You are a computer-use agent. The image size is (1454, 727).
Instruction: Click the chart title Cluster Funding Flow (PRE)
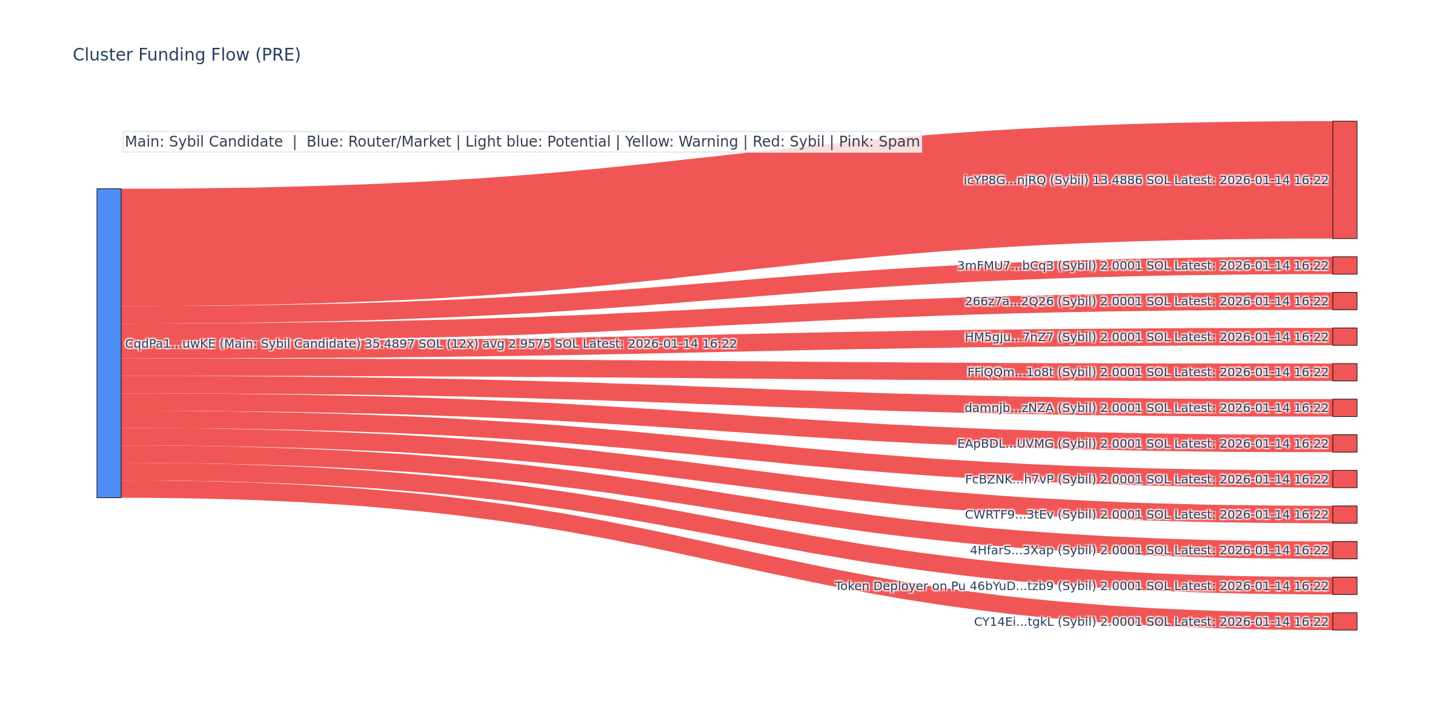tap(187, 55)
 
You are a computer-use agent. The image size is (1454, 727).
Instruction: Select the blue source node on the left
tap(109, 343)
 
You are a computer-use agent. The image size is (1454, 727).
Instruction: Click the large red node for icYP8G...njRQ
tap(1344, 180)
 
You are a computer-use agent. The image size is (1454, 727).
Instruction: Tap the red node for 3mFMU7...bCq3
tap(1344, 265)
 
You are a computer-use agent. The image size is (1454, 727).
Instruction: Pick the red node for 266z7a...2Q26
tap(1344, 301)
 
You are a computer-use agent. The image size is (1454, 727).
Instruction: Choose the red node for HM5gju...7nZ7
tap(1344, 337)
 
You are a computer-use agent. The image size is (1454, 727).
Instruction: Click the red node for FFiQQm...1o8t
tap(1344, 372)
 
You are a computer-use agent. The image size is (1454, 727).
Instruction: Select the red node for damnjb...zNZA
tap(1344, 408)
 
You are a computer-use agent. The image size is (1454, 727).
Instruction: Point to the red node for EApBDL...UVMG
tap(1344, 443)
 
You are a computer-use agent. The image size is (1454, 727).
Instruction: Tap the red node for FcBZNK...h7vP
tap(1344, 479)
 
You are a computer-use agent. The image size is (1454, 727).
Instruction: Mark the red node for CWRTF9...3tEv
tap(1344, 514)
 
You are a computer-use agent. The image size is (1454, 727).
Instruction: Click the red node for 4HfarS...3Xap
tap(1344, 550)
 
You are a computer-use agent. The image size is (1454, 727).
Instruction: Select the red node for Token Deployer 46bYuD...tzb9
tap(1344, 586)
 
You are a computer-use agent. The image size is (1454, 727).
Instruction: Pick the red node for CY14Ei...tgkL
tap(1344, 622)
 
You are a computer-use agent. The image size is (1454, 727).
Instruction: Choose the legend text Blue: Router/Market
tap(379, 142)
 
